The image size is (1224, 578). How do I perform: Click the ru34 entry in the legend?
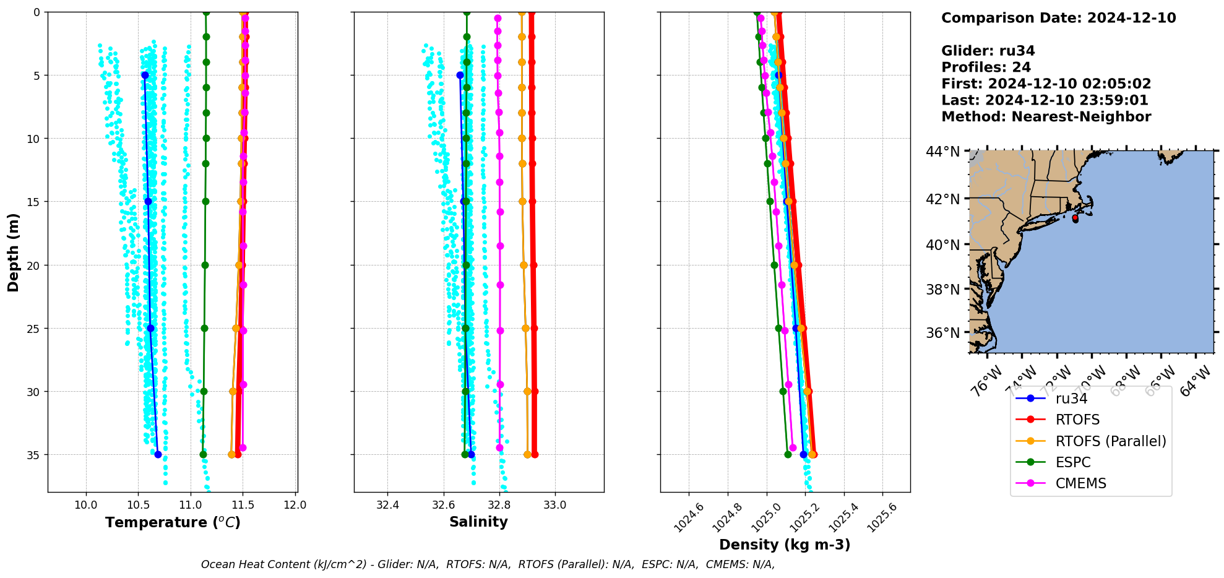(x=1071, y=399)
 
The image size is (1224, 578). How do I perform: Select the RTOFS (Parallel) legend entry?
(x=1110, y=441)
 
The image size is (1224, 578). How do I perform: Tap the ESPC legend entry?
(x=1072, y=462)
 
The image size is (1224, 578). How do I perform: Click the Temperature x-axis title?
(x=173, y=523)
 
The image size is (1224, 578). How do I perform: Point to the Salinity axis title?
(x=478, y=522)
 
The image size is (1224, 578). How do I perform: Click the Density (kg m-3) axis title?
(x=785, y=545)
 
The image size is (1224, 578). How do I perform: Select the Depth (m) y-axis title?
(x=14, y=252)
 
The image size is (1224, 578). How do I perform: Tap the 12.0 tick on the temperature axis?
(x=295, y=505)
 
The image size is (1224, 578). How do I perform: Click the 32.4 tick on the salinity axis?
(x=388, y=505)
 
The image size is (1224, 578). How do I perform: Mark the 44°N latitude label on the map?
(x=942, y=152)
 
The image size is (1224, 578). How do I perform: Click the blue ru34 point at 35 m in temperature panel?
(x=158, y=454)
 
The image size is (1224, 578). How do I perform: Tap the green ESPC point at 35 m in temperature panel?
(x=203, y=454)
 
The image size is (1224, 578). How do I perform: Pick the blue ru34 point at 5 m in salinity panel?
(x=460, y=75)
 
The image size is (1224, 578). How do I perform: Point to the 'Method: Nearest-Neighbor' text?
(x=1046, y=117)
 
